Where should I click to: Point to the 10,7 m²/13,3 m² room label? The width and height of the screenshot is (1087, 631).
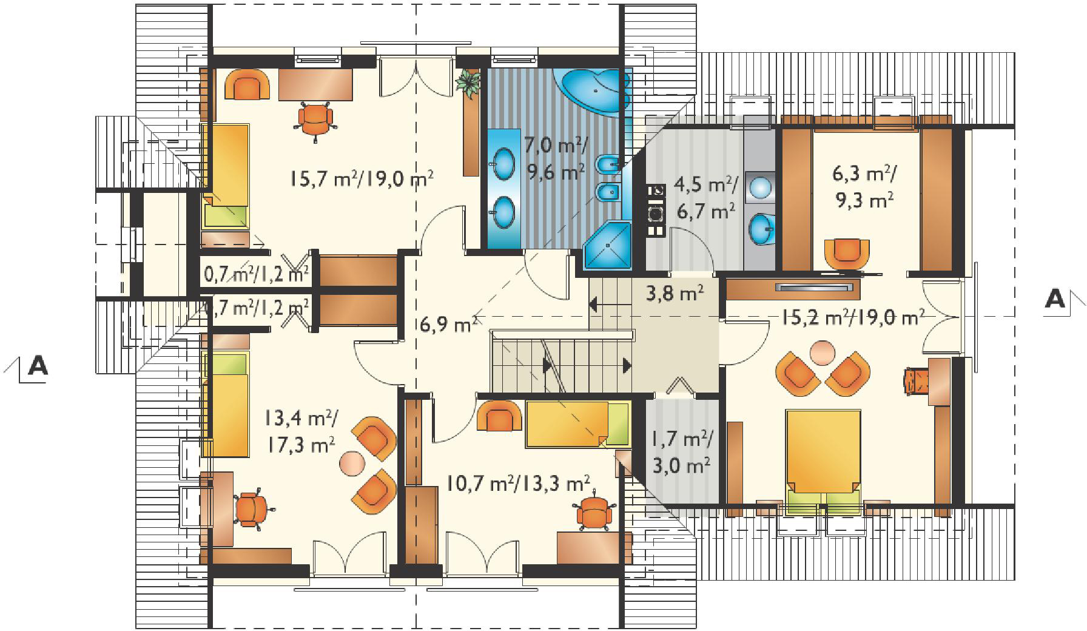517,484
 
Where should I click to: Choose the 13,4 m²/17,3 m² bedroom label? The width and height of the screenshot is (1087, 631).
301,431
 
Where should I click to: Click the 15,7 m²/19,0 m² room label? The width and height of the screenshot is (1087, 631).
362,179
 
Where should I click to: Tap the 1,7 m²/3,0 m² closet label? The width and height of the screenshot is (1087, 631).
682,452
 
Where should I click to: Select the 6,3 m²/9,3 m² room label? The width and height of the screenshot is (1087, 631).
864,187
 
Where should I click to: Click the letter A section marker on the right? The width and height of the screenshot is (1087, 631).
1055,299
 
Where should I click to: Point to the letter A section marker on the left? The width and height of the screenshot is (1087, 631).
38,366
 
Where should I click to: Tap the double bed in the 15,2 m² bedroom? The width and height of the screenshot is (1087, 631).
823,460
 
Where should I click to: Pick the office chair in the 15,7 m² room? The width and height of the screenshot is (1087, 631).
315,120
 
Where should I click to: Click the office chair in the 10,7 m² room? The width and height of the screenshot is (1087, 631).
593,515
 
